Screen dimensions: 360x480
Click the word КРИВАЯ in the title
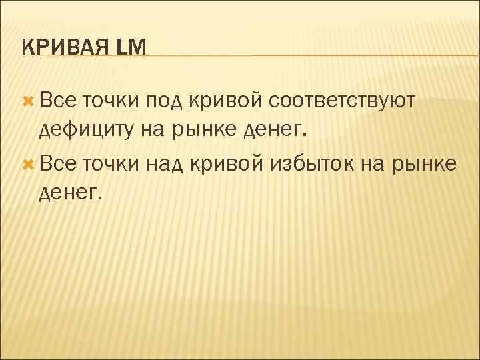click(x=63, y=47)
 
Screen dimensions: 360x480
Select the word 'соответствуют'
click(x=343, y=101)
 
